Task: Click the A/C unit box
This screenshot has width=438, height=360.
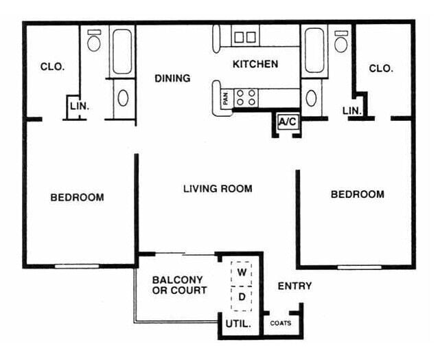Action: tap(287, 122)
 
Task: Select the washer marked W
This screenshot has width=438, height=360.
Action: tap(242, 272)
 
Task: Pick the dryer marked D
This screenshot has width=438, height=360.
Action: tap(242, 297)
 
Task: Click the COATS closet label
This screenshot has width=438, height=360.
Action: tap(279, 323)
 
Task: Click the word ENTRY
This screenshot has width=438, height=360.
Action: tap(295, 286)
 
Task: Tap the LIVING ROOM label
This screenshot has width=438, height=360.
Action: tap(218, 188)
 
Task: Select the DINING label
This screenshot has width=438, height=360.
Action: tap(172, 78)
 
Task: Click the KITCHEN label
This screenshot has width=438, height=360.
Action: tap(255, 65)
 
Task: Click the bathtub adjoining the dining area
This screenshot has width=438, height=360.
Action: tap(122, 52)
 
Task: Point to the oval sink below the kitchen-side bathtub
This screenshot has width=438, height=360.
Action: tap(312, 97)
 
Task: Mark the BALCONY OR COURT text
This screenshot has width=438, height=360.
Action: tap(178, 285)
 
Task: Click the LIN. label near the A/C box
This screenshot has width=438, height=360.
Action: tap(352, 111)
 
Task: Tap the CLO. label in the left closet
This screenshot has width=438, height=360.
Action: tap(52, 67)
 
